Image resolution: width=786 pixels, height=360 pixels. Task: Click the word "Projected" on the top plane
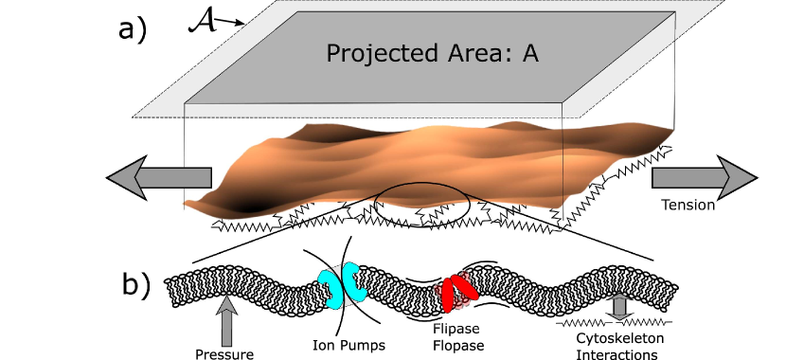point(371,53)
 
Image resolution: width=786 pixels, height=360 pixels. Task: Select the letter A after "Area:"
point(530,52)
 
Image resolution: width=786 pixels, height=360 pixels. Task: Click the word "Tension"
point(688,205)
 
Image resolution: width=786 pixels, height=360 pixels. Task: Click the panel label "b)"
point(135,284)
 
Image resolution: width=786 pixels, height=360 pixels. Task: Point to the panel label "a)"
point(134,32)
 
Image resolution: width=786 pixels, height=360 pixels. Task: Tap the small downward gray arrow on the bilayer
point(620,306)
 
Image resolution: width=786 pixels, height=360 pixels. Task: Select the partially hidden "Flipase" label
point(456,327)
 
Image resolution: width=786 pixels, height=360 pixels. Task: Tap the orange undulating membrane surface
point(426,166)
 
